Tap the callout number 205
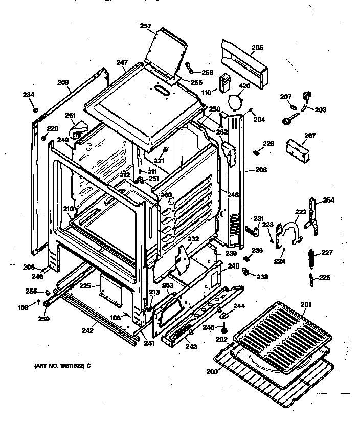(257, 48)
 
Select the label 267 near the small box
(296, 136)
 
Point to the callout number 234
(29, 94)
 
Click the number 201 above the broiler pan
(305, 305)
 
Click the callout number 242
(87, 330)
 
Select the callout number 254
(328, 200)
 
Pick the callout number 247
(121, 62)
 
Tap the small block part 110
(224, 83)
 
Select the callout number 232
(193, 239)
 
